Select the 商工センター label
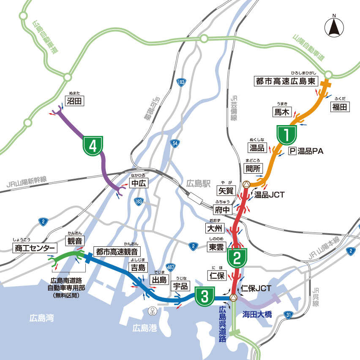(x=35, y=248)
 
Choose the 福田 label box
(x=340, y=107)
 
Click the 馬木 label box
(x=282, y=112)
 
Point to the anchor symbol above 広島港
(x=151, y=311)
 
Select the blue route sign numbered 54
(x=175, y=144)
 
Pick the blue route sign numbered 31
(x=288, y=314)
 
